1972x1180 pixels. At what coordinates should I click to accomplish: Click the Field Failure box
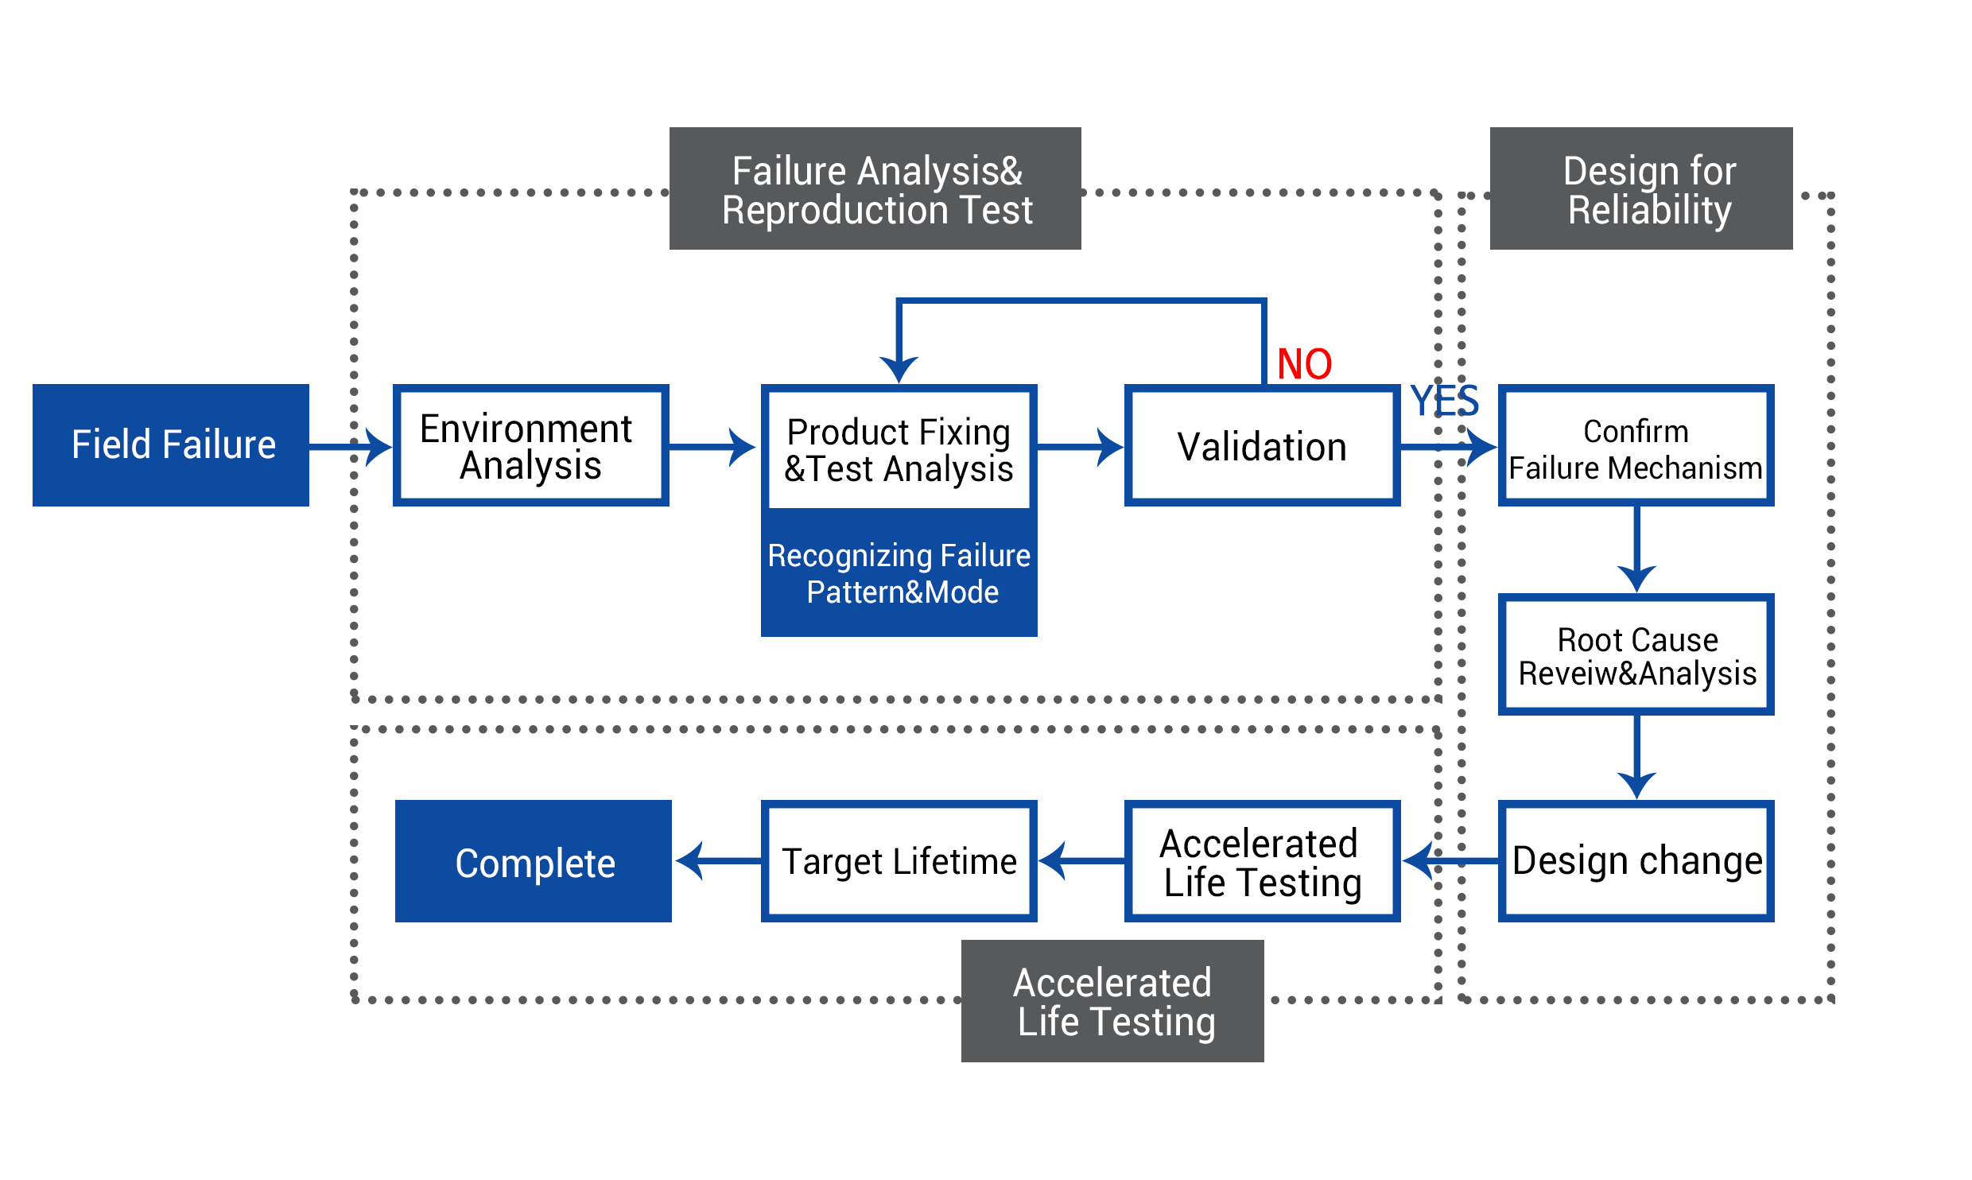point(171,445)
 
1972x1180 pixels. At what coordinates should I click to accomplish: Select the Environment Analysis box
point(531,445)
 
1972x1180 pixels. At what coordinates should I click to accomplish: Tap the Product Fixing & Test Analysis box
point(899,448)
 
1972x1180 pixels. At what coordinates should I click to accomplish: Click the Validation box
point(1263,445)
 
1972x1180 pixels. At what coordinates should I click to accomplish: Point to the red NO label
point(1304,364)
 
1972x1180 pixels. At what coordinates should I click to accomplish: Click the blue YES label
point(1444,400)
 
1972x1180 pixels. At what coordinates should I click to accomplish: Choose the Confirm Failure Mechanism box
point(1636,445)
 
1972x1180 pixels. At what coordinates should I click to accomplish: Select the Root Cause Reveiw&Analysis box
point(1636,654)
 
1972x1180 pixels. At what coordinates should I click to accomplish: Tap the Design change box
point(1636,861)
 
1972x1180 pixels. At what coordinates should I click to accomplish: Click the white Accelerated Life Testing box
point(1263,861)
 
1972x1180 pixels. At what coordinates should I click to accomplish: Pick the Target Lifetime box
point(899,861)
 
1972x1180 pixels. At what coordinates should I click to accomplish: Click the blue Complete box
point(534,861)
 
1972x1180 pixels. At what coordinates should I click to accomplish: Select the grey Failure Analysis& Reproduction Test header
point(875,188)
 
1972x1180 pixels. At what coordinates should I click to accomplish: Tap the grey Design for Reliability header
point(1641,188)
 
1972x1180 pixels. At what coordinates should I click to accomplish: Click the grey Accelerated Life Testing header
point(1112,1001)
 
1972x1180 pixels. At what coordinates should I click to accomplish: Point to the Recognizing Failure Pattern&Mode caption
point(899,573)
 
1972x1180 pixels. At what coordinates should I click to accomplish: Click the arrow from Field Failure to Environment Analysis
point(351,447)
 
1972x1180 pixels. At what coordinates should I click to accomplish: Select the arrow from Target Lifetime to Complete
point(718,861)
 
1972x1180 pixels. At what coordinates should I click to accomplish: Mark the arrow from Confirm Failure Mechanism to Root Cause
point(1636,549)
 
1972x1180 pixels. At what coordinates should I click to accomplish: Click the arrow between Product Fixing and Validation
point(1081,447)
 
